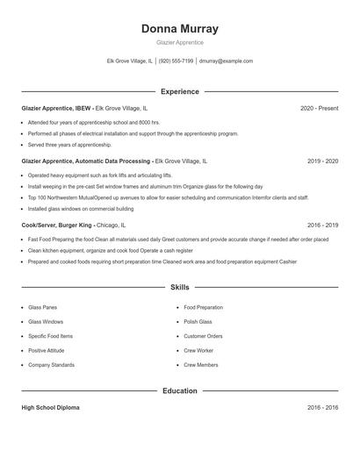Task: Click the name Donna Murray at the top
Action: [179, 28]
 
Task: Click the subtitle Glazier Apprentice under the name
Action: [179, 42]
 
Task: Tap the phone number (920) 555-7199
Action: [176, 61]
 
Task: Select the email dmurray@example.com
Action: [226, 61]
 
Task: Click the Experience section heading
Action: [179, 91]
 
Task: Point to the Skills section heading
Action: [179, 287]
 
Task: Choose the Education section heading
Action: [179, 390]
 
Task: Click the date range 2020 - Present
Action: [319, 108]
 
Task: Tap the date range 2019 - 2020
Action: [322, 161]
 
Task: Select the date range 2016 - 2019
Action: [322, 225]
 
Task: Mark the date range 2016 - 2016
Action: [322, 408]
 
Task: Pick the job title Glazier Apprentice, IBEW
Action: [56, 108]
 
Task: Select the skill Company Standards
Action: [51, 365]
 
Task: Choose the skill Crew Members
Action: [200, 365]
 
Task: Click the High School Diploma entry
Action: [50, 408]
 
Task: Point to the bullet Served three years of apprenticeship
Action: [69, 145]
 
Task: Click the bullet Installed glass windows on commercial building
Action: [81, 209]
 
